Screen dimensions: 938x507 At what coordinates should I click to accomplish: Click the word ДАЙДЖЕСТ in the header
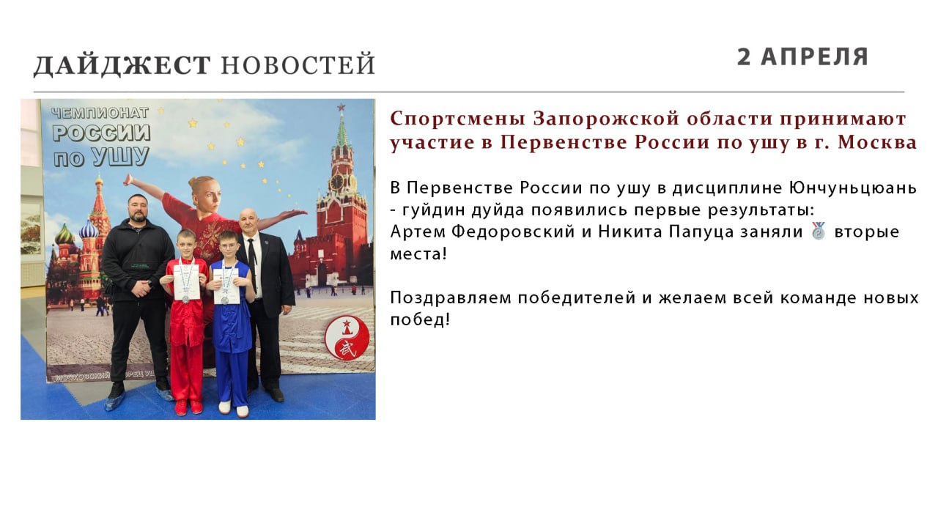(122, 65)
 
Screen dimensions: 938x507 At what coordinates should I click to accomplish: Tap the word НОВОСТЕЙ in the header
(298, 64)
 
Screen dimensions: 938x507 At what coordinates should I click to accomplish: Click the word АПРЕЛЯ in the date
(814, 57)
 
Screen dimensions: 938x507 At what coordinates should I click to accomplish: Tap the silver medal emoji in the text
(819, 231)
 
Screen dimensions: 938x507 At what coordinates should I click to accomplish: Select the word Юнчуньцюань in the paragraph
(853, 188)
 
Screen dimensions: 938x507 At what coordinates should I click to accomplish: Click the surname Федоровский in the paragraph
(512, 232)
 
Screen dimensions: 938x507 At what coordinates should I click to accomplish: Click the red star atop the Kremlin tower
(341, 107)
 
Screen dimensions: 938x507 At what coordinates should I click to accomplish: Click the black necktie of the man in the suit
(252, 264)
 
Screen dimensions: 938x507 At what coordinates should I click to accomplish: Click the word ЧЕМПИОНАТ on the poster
(100, 113)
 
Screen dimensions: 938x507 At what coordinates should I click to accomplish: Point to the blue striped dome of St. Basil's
(89, 230)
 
